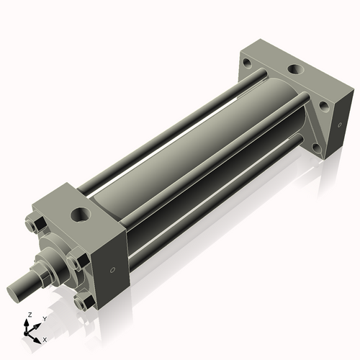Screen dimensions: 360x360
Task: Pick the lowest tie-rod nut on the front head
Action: pos(83,303)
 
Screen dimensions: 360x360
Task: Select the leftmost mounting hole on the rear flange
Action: pos(247,63)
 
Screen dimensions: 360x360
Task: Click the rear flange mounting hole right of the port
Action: pos(325,106)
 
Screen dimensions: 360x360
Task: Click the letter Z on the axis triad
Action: pos(28,315)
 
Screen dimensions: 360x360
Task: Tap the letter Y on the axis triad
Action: pos(44,318)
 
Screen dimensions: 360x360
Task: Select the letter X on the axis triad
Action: pos(45,338)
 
